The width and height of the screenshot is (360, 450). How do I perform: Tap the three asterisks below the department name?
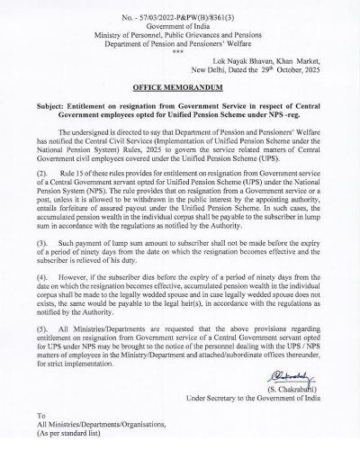click(180, 50)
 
